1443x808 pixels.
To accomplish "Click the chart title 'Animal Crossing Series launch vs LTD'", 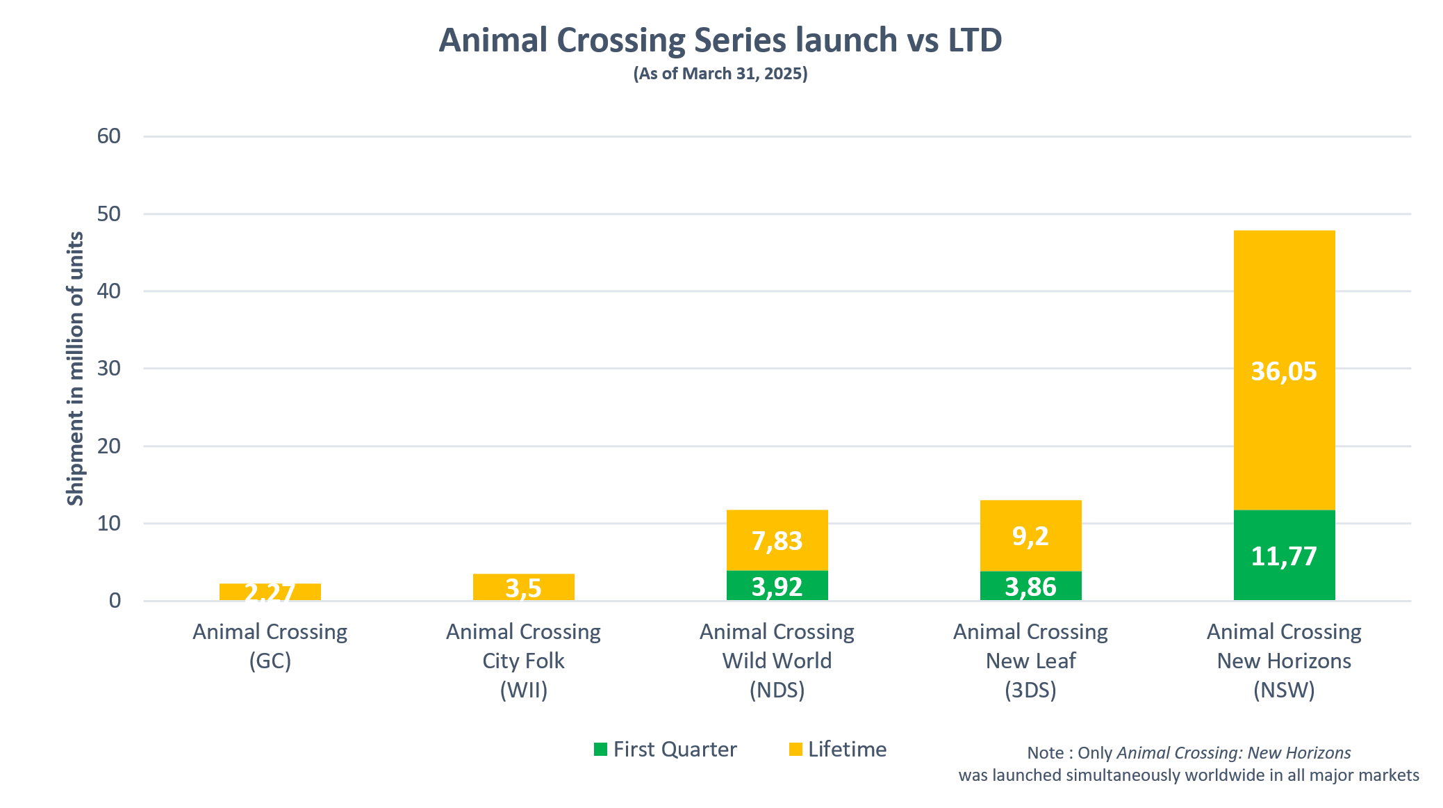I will (x=720, y=40).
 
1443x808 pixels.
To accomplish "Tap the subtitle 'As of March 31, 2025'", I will (x=720, y=74).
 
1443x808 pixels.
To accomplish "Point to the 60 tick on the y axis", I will (x=109, y=136).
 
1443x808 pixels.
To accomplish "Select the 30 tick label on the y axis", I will (x=109, y=369).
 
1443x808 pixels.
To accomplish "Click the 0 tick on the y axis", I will (x=115, y=601).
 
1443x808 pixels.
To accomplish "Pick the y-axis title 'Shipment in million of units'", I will (x=75, y=369).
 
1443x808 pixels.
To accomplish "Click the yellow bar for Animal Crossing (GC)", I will (x=270, y=592).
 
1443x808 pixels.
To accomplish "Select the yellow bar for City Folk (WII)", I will (x=524, y=587).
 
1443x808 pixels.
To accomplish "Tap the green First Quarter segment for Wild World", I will (x=777, y=585).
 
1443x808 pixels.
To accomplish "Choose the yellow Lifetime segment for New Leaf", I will (x=1031, y=535).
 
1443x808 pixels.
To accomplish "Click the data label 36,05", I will (x=1284, y=371).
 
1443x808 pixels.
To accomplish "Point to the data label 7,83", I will (x=777, y=540).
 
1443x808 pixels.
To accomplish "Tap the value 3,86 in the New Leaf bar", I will (x=1031, y=587).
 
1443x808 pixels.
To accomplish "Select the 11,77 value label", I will (x=1284, y=556).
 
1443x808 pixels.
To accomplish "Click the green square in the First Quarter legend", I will (x=601, y=749).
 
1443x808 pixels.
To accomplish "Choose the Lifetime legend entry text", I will (x=847, y=749).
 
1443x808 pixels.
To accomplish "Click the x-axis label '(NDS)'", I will (x=777, y=690).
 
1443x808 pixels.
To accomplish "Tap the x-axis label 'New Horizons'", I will (x=1284, y=661).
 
